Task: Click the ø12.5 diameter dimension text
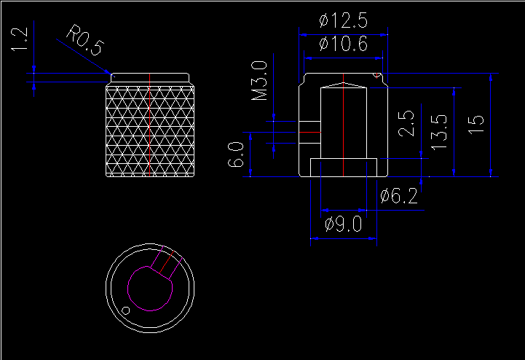(343, 21)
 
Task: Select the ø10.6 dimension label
(343, 46)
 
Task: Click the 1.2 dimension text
(20, 41)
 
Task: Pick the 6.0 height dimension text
(236, 155)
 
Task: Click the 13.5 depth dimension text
(438, 132)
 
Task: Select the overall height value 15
(475, 124)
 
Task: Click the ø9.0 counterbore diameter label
(343, 224)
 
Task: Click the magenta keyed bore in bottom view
(151, 289)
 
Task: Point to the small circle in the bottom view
(126, 310)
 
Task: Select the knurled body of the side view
(151, 131)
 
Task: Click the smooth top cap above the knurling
(151, 78)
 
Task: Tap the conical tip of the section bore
(343, 85)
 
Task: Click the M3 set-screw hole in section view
(309, 128)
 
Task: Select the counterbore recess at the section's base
(343, 167)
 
